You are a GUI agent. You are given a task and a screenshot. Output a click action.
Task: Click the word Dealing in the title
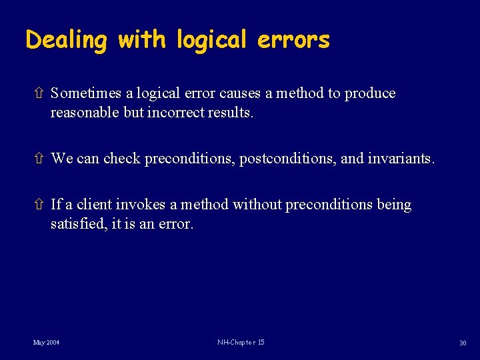[66, 41]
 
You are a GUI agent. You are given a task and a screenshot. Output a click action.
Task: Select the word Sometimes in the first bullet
[86, 93]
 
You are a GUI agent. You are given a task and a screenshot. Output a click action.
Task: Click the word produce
[370, 94]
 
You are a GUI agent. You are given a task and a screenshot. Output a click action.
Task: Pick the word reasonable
[85, 113]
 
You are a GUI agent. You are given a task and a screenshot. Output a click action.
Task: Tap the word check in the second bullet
[122, 159]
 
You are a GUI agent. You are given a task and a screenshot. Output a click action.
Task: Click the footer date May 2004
[47, 343]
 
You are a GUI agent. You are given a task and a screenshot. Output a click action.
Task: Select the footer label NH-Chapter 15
[241, 343]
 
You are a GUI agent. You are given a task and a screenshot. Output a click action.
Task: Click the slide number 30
[462, 343]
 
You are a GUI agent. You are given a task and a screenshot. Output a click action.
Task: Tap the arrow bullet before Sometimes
[38, 93]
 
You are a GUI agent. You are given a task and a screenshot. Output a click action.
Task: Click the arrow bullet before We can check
[38, 159]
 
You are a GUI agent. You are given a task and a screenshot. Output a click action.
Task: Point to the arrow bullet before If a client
[38, 205]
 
